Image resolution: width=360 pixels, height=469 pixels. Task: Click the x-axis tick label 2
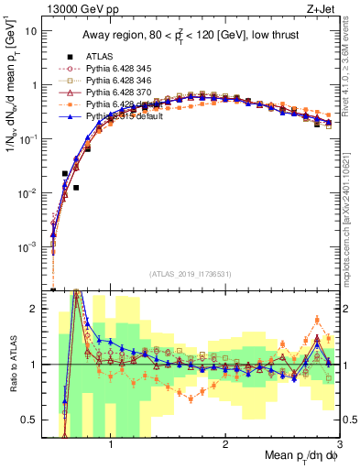click(225, 443)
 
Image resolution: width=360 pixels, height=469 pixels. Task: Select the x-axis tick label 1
click(111, 443)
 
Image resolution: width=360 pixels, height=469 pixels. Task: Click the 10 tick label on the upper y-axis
click(31, 30)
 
